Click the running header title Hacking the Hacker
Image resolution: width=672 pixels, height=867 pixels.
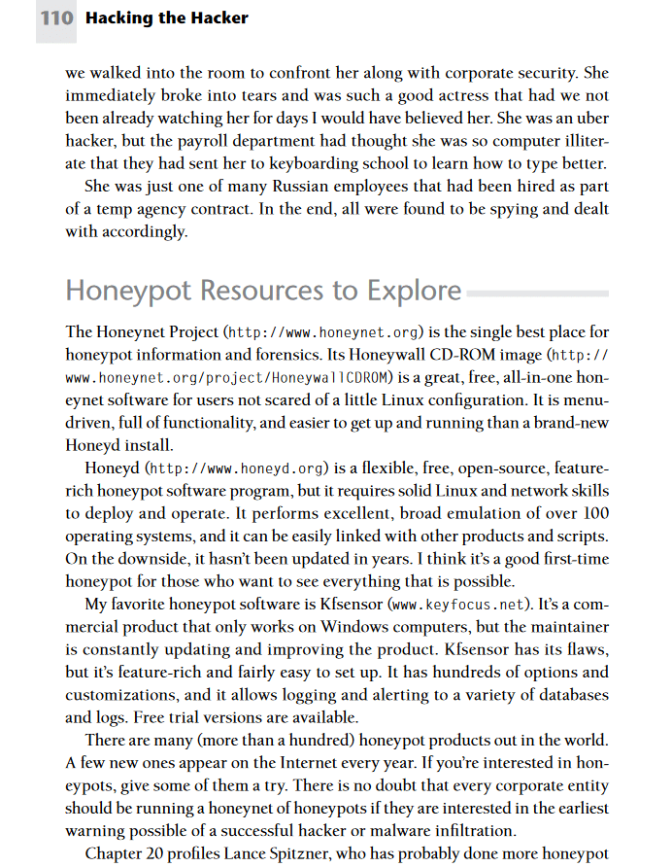(x=167, y=17)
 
